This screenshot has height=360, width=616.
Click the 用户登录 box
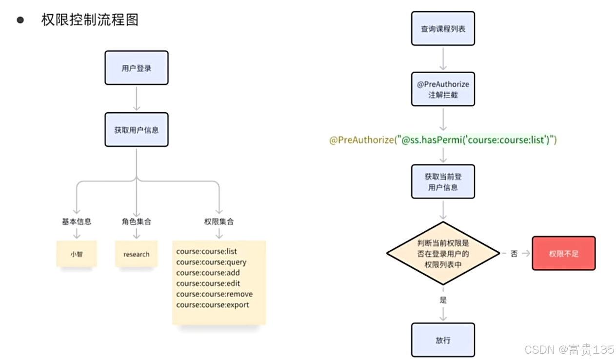click(x=137, y=68)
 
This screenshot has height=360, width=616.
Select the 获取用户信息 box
click(x=137, y=130)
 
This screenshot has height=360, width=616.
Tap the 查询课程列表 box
click(x=443, y=29)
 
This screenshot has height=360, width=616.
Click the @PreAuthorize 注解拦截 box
click(x=443, y=89)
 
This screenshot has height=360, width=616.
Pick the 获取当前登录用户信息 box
click(x=443, y=181)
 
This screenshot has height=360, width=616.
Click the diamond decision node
click(x=443, y=253)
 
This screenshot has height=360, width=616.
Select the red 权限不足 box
click(x=563, y=253)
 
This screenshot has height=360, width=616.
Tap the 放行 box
click(x=443, y=340)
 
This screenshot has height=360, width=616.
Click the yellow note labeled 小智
click(x=77, y=254)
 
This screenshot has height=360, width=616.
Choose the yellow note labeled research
click(x=137, y=254)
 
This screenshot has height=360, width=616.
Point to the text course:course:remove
click(x=215, y=294)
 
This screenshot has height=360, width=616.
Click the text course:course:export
click(x=213, y=305)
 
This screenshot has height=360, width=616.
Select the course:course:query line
click(x=211, y=262)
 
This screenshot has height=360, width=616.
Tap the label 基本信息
click(x=77, y=221)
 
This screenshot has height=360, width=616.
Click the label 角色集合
click(x=137, y=221)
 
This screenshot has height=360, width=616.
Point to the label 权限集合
click(x=219, y=221)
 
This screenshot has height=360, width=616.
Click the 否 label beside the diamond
click(x=514, y=254)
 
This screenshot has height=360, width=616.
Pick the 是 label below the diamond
click(x=443, y=300)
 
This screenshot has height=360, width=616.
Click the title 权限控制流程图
click(x=90, y=20)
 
